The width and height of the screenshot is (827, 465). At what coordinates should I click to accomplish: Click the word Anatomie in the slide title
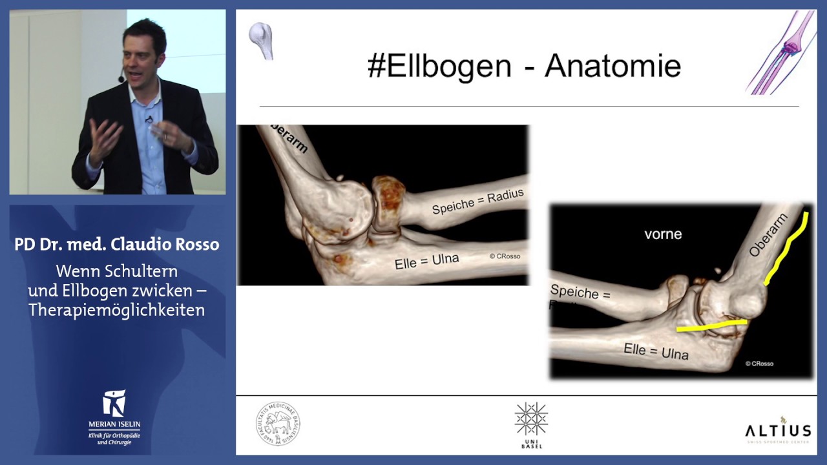coord(612,67)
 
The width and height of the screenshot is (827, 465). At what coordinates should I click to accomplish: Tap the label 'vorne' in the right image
coord(663,234)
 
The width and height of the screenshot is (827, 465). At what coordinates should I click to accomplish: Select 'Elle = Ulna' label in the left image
coord(427,262)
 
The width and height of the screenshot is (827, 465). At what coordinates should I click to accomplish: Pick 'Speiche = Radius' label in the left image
coord(477,201)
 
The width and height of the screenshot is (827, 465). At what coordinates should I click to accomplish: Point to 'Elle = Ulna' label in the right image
coord(656,351)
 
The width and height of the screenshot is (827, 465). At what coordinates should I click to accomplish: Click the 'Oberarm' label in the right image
coord(769,235)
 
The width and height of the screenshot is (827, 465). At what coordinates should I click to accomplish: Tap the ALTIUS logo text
coord(778,431)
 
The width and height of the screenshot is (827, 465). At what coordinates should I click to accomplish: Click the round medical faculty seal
coord(277,424)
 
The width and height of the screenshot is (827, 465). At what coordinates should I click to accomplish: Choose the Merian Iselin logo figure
coord(114,403)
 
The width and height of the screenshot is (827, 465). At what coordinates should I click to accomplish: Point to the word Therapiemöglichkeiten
coord(116,310)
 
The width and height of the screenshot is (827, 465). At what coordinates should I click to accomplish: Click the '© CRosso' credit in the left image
coord(505,256)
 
